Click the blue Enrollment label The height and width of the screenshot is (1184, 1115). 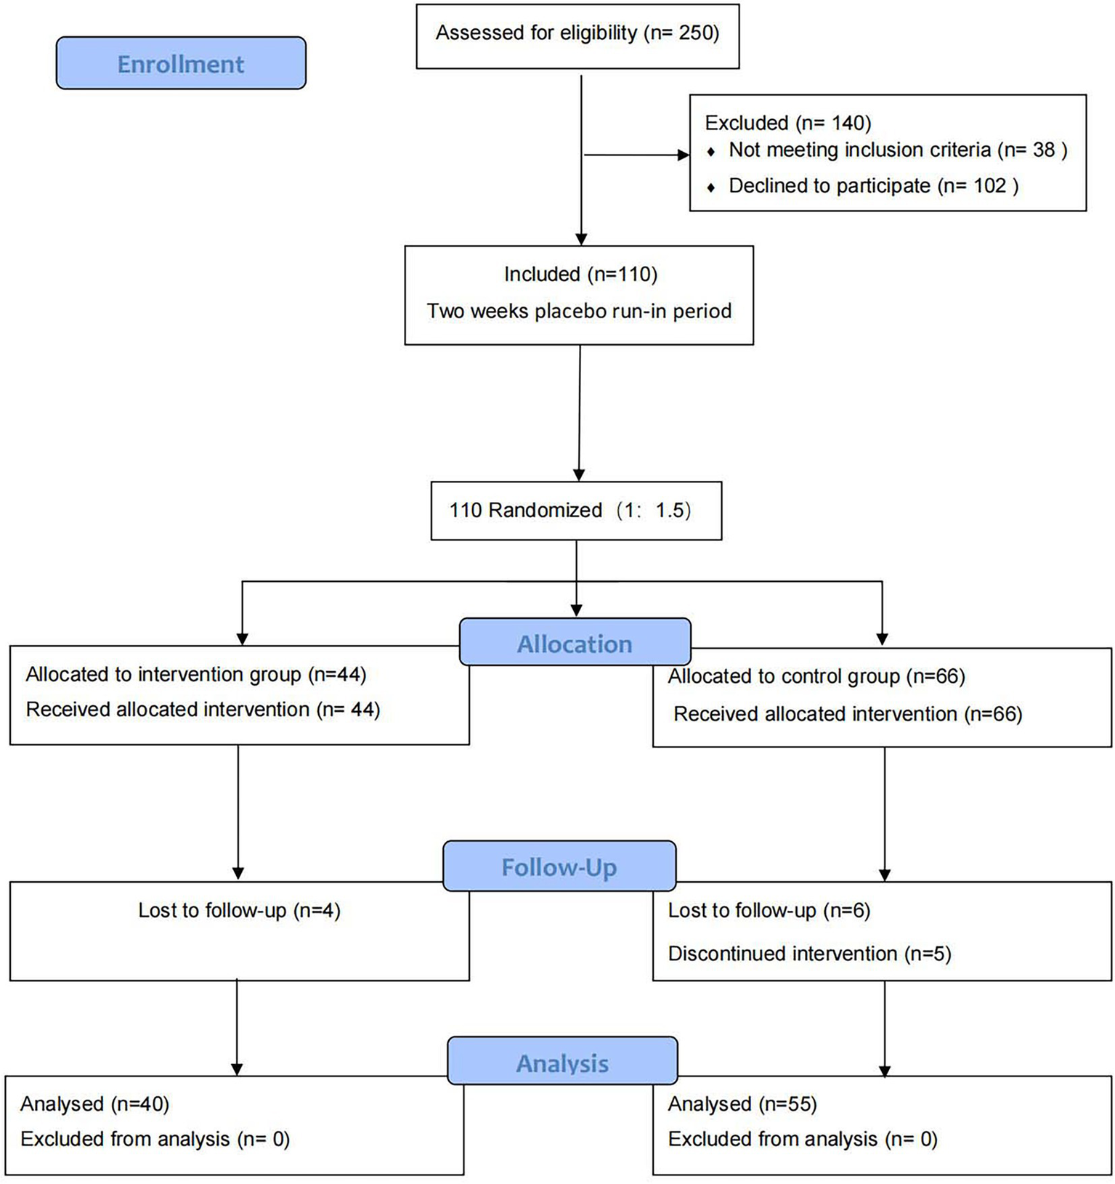(x=181, y=64)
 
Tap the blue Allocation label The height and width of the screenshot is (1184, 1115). (x=575, y=644)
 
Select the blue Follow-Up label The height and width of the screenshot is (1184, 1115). (x=559, y=867)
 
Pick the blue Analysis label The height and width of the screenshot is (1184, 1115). (x=562, y=1063)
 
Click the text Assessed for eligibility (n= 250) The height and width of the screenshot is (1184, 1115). (x=577, y=33)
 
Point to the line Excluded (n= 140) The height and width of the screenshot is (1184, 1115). (x=788, y=123)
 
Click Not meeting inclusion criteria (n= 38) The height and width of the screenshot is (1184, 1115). (x=898, y=150)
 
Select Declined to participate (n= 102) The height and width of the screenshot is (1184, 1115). (x=873, y=186)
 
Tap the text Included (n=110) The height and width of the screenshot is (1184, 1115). (x=580, y=275)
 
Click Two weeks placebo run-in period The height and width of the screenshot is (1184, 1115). (x=579, y=312)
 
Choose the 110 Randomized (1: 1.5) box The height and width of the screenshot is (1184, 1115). (x=576, y=511)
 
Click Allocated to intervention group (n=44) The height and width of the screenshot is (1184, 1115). (x=196, y=675)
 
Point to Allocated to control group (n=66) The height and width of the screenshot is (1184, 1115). (x=816, y=677)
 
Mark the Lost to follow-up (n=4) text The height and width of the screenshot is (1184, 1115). (x=239, y=911)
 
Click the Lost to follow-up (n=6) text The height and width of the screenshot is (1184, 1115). (x=769, y=911)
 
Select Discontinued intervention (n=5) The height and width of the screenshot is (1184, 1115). (x=809, y=954)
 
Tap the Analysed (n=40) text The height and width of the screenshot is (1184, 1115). (x=94, y=1104)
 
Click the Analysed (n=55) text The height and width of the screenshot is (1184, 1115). (x=742, y=1104)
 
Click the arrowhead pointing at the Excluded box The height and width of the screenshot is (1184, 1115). (x=683, y=155)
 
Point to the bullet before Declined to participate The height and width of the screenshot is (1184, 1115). (x=710, y=187)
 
